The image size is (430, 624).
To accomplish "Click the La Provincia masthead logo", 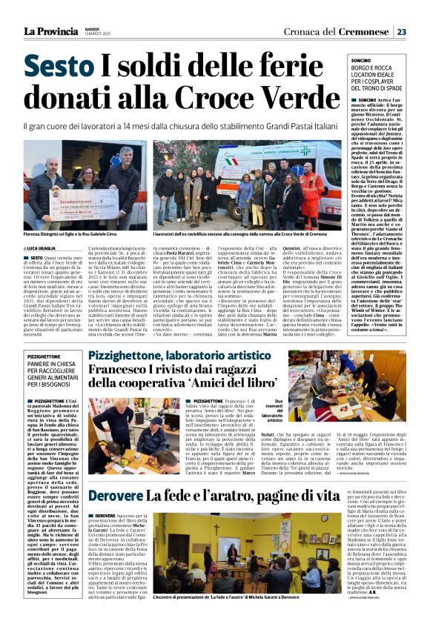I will coord(50,31).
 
